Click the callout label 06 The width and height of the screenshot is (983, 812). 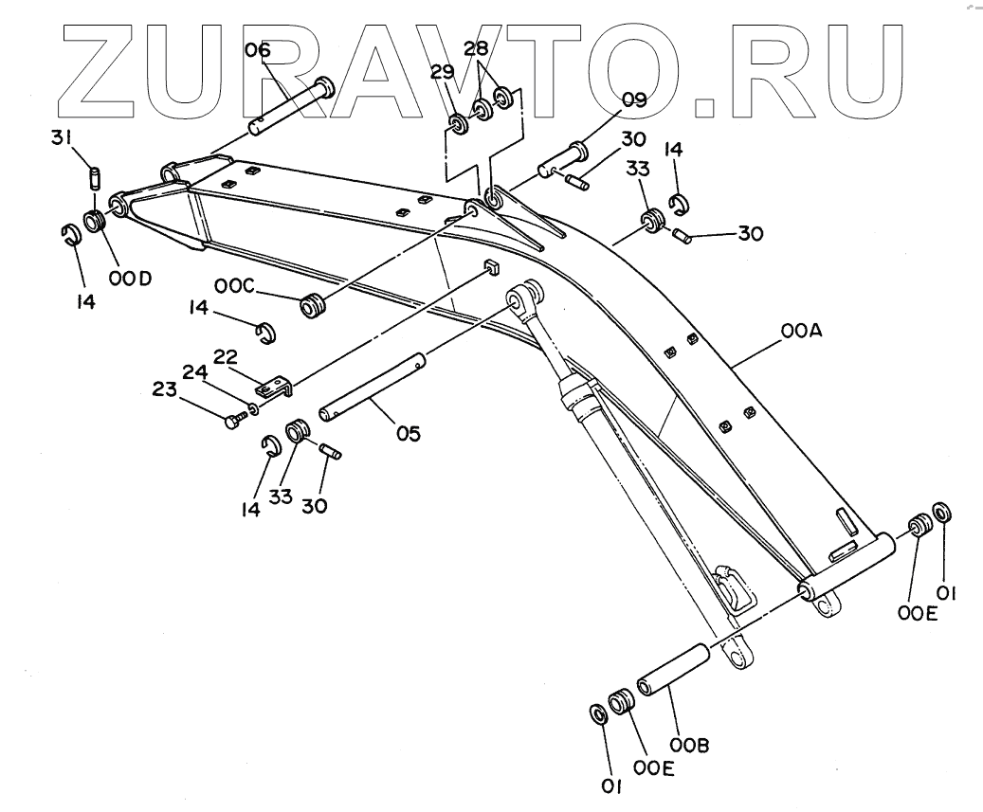pos(258,49)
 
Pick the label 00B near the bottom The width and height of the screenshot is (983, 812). pos(689,745)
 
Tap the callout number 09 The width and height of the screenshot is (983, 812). pos(634,98)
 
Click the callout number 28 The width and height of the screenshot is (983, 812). pos(476,47)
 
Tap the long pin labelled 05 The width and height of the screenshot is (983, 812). pos(373,384)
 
